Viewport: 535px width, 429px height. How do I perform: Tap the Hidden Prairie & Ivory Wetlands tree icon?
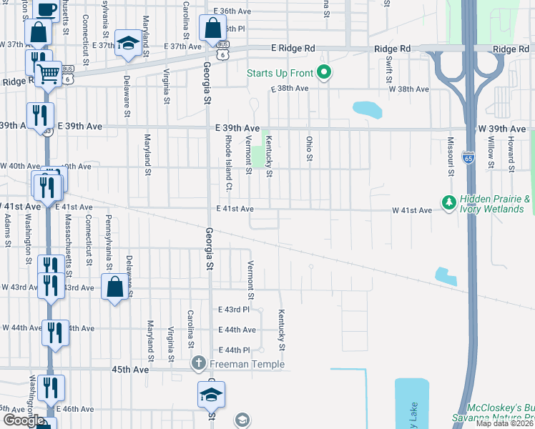pos(449,203)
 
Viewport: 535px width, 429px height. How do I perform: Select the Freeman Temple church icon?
pos(199,364)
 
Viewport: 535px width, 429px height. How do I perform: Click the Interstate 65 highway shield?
pos(468,155)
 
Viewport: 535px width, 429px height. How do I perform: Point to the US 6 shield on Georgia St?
pos(224,54)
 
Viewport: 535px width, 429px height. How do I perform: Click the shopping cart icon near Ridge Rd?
pos(48,72)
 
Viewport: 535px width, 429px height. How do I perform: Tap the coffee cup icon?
pos(45,9)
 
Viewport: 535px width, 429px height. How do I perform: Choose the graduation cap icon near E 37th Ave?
pos(128,43)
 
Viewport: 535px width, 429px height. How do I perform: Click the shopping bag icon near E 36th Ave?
pos(212,29)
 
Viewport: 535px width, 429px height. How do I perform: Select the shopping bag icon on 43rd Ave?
pos(114,287)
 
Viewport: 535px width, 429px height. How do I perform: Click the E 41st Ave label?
pos(235,209)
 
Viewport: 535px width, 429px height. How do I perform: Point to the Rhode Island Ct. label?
pos(229,163)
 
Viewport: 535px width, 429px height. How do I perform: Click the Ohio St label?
pos(310,149)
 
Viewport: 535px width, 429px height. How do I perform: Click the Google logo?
pos(23,420)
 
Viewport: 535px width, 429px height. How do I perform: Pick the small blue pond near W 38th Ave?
pos(367,109)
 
